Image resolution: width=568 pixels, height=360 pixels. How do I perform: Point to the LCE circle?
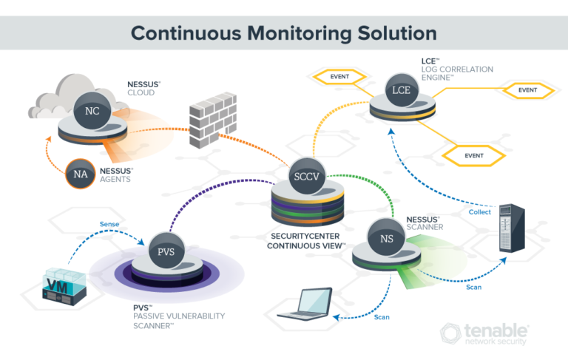tap(399, 92)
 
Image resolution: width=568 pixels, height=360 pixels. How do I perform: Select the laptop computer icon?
tap(304, 305)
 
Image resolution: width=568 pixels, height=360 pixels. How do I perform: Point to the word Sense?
tap(109, 224)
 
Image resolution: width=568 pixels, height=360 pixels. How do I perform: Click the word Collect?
tap(479, 212)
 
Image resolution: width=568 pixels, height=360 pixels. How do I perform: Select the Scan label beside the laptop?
tap(382, 317)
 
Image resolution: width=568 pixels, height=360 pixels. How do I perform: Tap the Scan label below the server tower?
tap(474, 287)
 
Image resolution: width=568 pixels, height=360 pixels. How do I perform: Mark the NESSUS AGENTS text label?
tap(132, 174)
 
